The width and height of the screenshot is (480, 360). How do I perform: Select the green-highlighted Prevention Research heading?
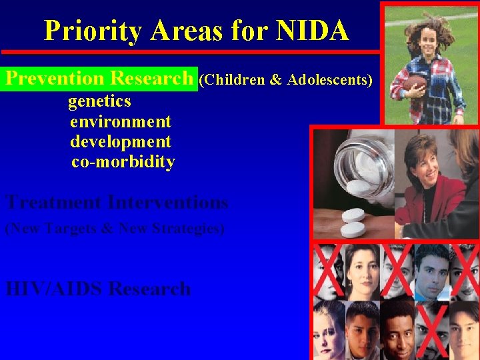coord(99,79)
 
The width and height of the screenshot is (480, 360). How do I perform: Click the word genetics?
coord(99,102)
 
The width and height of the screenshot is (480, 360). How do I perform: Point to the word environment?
coord(121,122)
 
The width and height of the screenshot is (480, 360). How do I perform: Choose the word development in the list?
coord(121,142)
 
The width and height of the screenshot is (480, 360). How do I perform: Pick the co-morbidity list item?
coord(123,162)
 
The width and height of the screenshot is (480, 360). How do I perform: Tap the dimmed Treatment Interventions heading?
coord(117,202)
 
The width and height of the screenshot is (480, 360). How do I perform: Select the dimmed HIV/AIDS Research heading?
coord(98,289)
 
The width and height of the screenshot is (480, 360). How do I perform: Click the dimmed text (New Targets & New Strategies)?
coord(115,229)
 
